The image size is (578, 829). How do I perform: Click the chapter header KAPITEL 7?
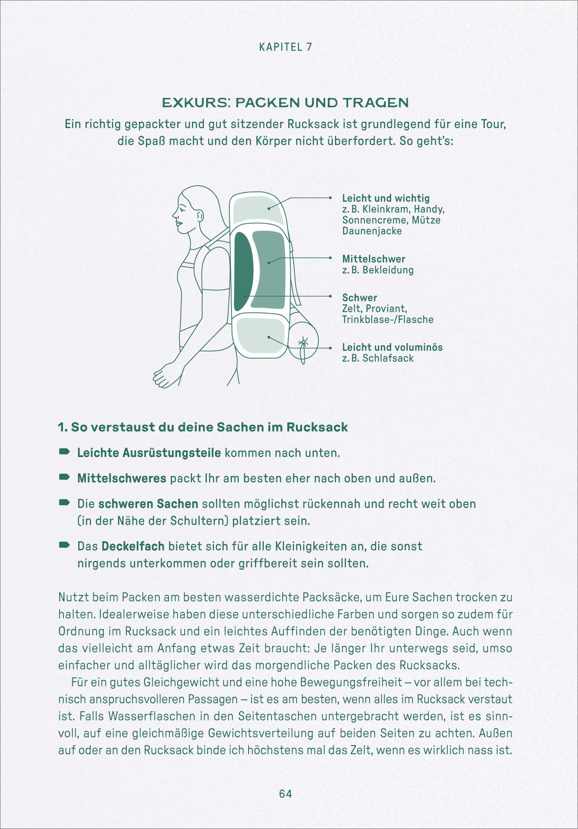(286, 47)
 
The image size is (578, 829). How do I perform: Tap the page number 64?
(286, 794)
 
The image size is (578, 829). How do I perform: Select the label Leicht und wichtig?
(386, 198)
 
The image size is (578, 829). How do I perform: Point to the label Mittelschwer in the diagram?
(373, 259)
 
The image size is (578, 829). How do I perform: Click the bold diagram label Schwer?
(359, 297)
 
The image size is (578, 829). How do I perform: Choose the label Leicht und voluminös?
(392, 347)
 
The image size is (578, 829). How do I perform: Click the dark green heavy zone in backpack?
(243, 272)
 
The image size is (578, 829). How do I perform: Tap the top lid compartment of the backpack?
(258, 209)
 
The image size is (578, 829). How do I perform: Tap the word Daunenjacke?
(372, 231)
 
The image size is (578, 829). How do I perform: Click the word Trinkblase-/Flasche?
(387, 320)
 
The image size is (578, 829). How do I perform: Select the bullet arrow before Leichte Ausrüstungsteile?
(64, 452)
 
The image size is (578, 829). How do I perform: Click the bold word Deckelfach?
(133, 546)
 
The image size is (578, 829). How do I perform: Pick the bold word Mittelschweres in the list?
(121, 478)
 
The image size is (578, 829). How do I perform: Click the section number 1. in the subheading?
(63, 427)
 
